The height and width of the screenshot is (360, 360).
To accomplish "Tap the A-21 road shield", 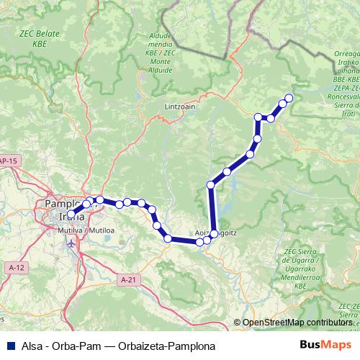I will (x=128, y=279).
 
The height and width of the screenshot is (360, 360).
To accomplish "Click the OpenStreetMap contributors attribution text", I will (x=297, y=322).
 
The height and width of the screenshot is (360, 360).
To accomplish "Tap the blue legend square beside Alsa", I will (x=9, y=344).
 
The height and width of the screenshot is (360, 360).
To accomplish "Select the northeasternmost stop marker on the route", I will (x=289, y=98).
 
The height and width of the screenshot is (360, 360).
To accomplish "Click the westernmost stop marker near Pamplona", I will (x=72, y=212).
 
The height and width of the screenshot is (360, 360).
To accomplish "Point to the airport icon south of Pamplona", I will (x=71, y=243).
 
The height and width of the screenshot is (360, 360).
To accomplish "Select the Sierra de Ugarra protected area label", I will (x=302, y=262).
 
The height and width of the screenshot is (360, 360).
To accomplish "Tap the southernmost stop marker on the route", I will (x=200, y=243).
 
